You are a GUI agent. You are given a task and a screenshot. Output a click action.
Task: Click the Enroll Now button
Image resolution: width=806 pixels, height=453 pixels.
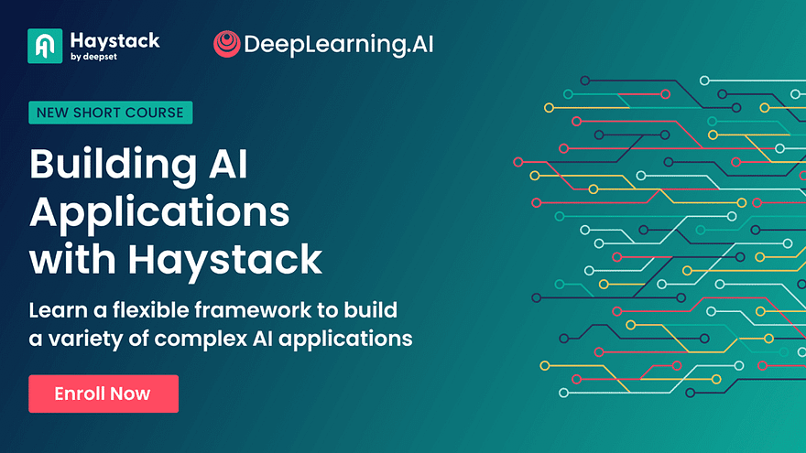click(x=103, y=394)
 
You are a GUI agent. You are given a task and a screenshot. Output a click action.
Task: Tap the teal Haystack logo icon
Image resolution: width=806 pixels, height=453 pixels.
click(x=45, y=46)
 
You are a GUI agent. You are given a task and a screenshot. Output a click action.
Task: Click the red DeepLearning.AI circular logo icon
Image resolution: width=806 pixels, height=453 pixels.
click(x=227, y=44)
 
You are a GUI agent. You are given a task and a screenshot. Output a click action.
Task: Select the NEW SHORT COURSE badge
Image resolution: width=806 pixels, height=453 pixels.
click(x=111, y=113)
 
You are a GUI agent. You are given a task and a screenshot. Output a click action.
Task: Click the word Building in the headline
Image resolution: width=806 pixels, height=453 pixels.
click(x=113, y=166)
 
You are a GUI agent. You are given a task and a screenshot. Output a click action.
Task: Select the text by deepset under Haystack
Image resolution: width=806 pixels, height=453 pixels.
click(x=93, y=57)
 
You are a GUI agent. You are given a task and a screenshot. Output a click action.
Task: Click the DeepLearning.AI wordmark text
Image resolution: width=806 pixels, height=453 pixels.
click(x=339, y=45)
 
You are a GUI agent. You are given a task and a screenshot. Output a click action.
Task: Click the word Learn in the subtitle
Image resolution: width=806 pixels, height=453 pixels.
click(x=58, y=310)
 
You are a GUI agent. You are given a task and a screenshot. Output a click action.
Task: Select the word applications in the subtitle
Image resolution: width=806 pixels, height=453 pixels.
click(x=345, y=340)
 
